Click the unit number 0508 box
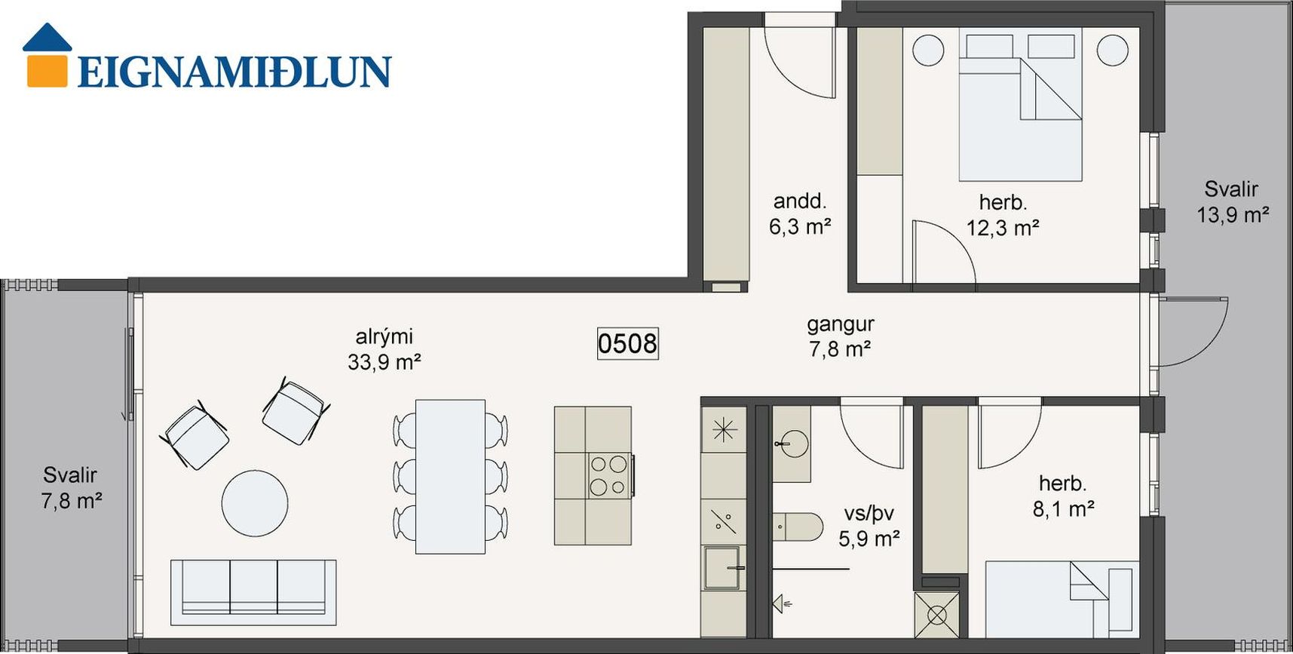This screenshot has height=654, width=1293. (x=627, y=343)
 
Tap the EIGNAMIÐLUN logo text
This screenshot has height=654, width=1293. (x=234, y=72)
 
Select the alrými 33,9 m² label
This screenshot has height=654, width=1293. (x=384, y=349)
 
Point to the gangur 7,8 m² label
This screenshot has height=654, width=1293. (x=840, y=336)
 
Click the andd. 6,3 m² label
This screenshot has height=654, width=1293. (x=800, y=213)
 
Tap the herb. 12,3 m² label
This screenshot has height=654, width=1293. (x=1003, y=215)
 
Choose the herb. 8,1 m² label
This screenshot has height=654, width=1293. (x=1063, y=496)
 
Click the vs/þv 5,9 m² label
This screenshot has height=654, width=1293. (x=869, y=526)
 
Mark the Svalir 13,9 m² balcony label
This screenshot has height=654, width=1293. (x=1233, y=201)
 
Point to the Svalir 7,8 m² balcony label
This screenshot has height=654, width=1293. (x=71, y=487)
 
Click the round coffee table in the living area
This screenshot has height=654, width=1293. (x=255, y=504)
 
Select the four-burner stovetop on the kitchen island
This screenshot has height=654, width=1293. (x=609, y=475)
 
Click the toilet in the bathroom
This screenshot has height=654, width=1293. (x=798, y=527)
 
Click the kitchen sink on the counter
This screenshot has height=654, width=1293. (x=724, y=568)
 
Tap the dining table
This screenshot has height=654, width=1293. (x=450, y=477)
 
